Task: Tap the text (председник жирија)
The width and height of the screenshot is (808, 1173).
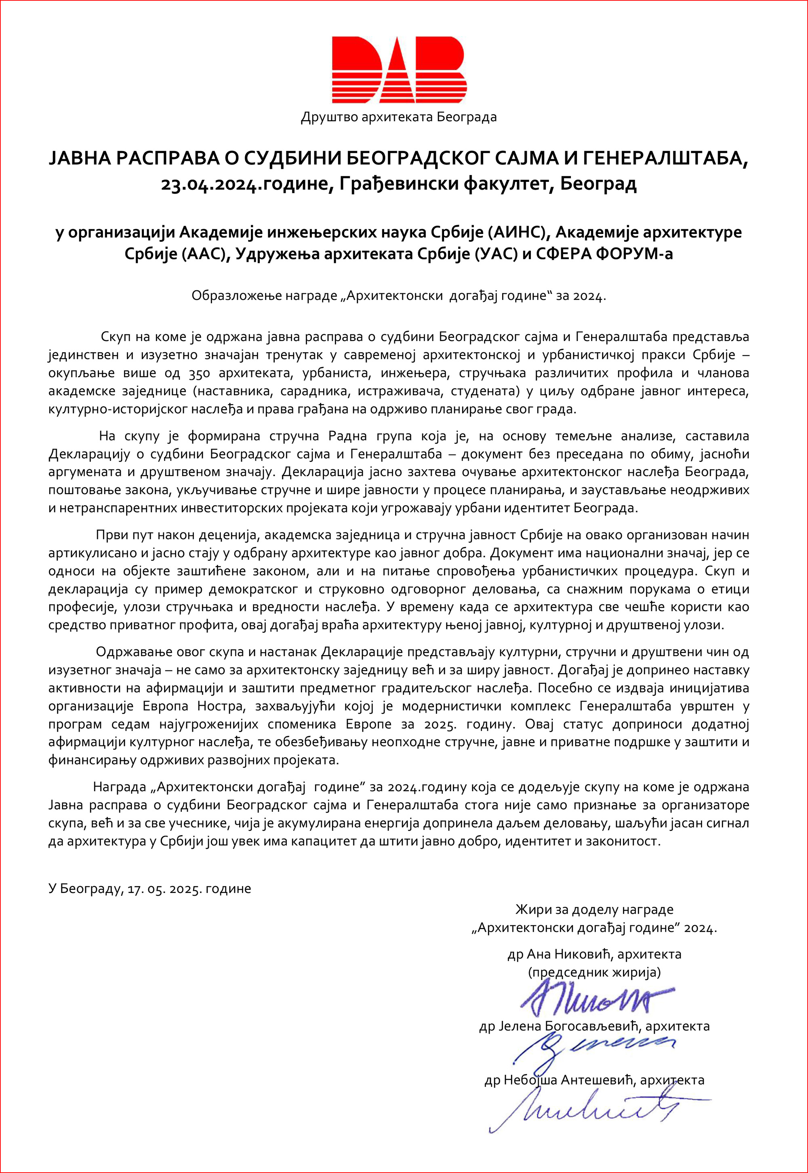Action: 594,973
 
